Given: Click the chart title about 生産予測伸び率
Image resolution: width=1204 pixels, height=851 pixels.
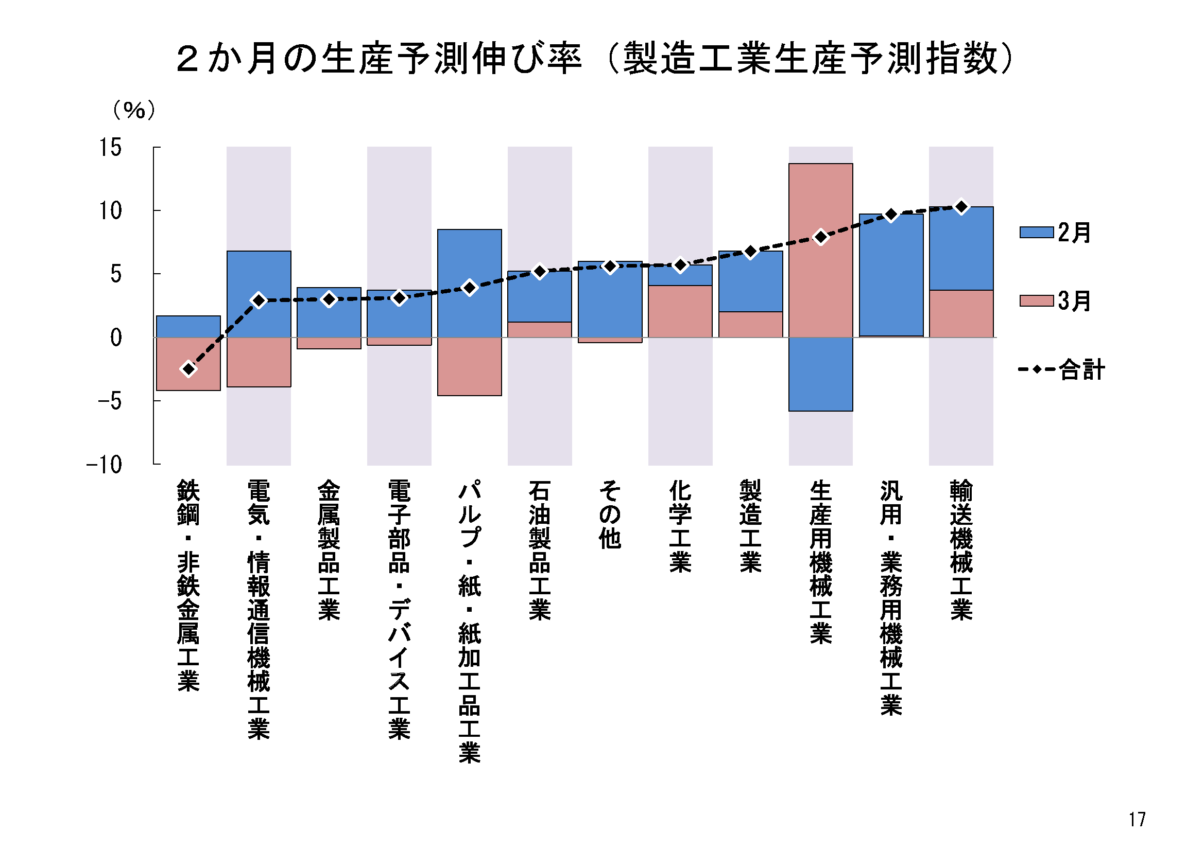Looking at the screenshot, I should pos(595,59).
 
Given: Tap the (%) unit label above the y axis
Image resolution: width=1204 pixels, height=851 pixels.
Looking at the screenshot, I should pos(134,110).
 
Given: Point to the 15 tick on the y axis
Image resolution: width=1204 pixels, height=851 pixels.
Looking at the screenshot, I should pos(111,148).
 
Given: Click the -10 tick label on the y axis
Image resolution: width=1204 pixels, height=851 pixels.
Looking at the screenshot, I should pos(105,465).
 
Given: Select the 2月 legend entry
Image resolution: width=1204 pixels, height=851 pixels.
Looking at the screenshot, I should pos(1055,232).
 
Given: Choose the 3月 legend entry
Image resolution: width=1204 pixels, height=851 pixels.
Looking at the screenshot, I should pos(1055,301).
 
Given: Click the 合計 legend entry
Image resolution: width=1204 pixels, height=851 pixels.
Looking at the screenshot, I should pos(1061,369).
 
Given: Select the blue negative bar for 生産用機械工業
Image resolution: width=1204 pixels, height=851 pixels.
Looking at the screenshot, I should pos(821,374).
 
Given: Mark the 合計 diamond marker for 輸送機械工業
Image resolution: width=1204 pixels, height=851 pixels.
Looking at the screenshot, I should pos(961,207).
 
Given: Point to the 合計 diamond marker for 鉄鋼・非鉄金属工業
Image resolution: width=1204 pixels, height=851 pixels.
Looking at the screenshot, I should pos(188,369).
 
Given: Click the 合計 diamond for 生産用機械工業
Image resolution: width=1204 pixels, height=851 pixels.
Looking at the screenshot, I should pos(821,237).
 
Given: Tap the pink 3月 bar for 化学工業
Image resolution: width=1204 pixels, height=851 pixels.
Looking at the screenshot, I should pos(680,311).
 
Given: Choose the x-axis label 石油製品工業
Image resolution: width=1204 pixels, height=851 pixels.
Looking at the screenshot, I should pos(540,550).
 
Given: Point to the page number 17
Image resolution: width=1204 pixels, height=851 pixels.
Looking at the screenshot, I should pos(1137,820).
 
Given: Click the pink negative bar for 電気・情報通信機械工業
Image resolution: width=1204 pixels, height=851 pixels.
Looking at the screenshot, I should pos(259,362).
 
